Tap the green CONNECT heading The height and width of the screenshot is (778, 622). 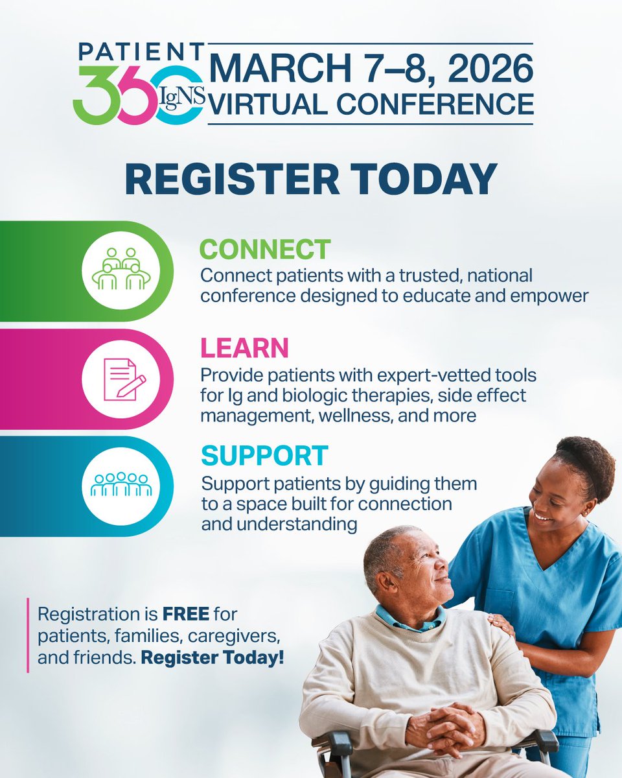click(x=265, y=250)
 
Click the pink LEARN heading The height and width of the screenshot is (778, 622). click(x=244, y=349)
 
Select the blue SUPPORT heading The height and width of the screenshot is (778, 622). click(x=265, y=456)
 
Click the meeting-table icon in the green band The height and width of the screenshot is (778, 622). click(x=122, y=270)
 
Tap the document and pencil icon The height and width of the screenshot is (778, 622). click(x=122, y=379)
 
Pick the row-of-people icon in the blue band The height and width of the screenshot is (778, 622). click(x=122, y=485)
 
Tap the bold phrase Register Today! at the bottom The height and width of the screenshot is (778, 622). click(x=212, y=657)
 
